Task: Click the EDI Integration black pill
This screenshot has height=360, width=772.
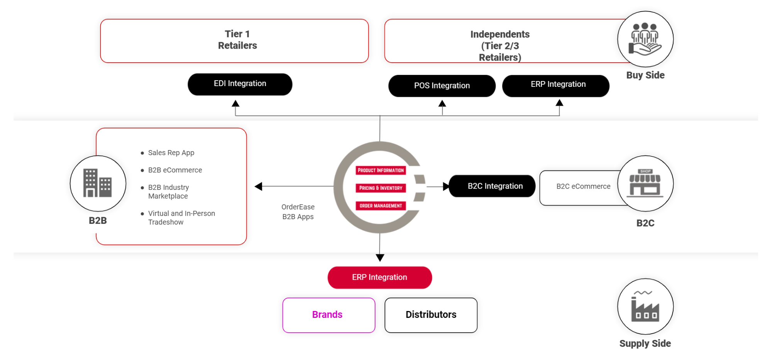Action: point(240,84)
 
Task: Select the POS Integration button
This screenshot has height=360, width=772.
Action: point(442,86)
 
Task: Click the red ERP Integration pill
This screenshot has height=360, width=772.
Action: point(379,277)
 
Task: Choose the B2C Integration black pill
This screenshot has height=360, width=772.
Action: point(492,186)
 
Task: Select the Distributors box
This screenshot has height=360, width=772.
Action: point(431,315)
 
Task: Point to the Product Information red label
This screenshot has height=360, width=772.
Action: point(381,170)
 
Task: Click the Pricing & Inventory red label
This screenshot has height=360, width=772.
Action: point(381,188)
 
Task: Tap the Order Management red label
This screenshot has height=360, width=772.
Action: point(381,206)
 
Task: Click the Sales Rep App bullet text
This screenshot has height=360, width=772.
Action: point(171,153)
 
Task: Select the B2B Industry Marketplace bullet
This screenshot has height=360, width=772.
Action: point(169,192)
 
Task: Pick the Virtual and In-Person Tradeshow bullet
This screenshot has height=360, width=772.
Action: point(181,218)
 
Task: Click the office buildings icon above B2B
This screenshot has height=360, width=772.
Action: point(98,183)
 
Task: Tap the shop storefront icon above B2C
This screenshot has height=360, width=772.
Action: point(645,183)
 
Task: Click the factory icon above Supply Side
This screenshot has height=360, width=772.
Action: point(645,306)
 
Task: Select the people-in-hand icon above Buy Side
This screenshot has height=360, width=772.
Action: point(645,39)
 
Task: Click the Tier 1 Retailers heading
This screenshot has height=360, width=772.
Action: point(237,40)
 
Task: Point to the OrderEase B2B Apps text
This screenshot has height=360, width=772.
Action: point(298,212)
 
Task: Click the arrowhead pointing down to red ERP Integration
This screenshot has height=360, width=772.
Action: point(380,258)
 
